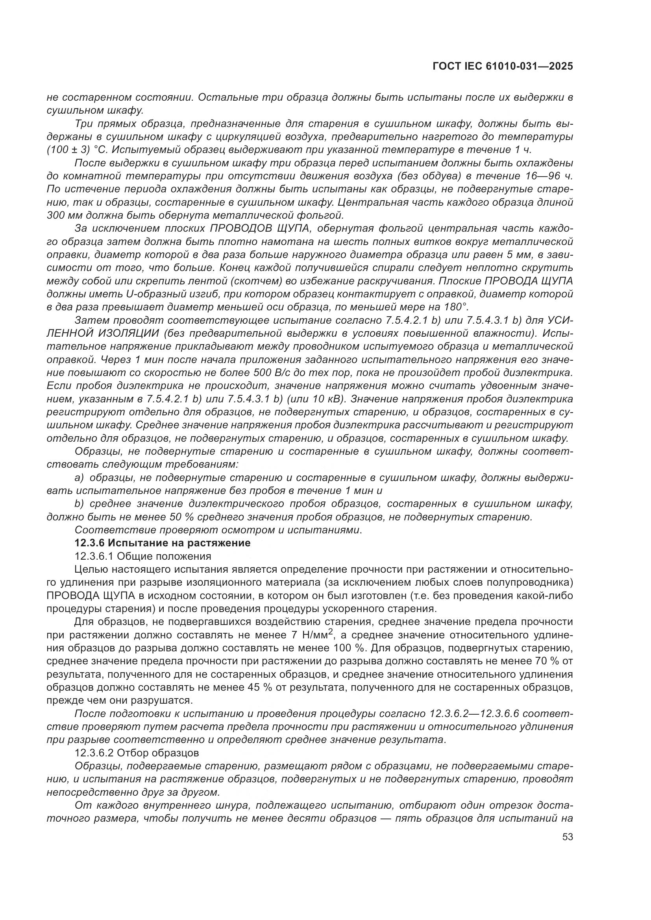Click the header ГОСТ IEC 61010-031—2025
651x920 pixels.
coord(503,67)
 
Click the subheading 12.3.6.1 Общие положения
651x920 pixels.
coord(143,556)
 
